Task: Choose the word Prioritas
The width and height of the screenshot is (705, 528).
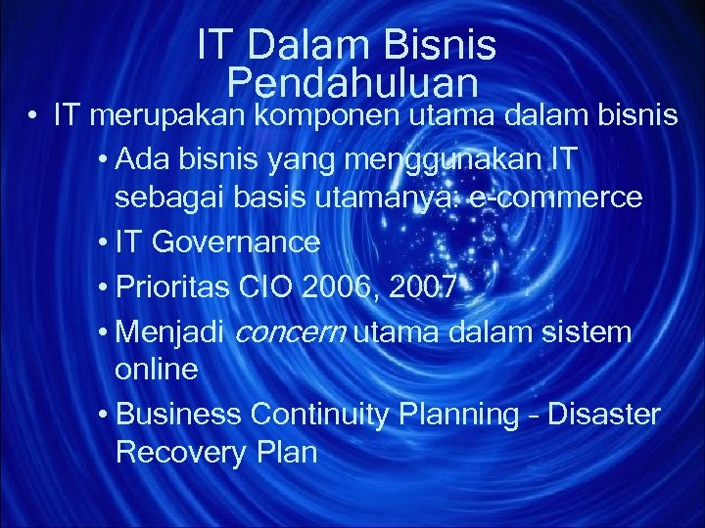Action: click(x=170, y=286)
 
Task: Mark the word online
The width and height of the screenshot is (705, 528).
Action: click(x=157, y=370)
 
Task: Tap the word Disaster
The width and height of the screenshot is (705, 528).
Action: click(x=603, y=415)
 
